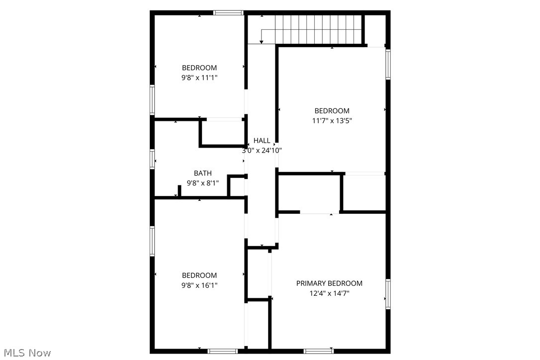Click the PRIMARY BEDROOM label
[329, 283]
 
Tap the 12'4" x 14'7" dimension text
[329, 293]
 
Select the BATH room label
[202, 173]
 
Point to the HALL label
[262, 141]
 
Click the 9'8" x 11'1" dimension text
[199, 78]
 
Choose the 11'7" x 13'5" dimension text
[332, 120]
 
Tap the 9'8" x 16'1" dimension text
[199, 285]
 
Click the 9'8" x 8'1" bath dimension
[202, 183]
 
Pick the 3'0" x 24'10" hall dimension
[262, 150]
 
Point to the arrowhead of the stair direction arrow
[262, 42]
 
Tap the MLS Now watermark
[26, 353]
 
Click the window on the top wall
[228, 12]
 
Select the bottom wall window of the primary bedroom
[318, 351]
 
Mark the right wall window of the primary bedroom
[388, 294]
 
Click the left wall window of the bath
[153, 159]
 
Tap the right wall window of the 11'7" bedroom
[388, 64]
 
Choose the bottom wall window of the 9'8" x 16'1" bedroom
[223, 351]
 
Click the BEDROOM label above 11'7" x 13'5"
[332, 111]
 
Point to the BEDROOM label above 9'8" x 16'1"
[199, 275]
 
